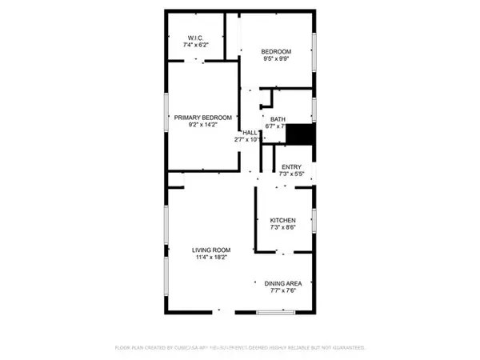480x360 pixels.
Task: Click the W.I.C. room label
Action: pyautogui.click(x=198, y=38)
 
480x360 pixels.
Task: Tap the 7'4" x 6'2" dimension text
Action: pyautogui.click(x=198, y=45)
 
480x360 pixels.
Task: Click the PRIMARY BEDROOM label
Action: pyautogui.click(x=203, y=118)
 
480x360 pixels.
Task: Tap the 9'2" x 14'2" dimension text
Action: pyautogui.click(x=203, y=125)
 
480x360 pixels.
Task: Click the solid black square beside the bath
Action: pyautogui.click(x=301, y=134)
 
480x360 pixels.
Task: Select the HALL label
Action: pyautogui.click(x=250, y=133)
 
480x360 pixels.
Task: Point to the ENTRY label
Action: pyautogui.click(x=290, y=166)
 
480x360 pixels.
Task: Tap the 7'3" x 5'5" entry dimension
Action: pyautogui.click(x=290, y=174)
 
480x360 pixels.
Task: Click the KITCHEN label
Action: pyautogui.click(x=283, y=220)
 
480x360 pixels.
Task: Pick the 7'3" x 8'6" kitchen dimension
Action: pyautogui.click(x=283, y=227)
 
